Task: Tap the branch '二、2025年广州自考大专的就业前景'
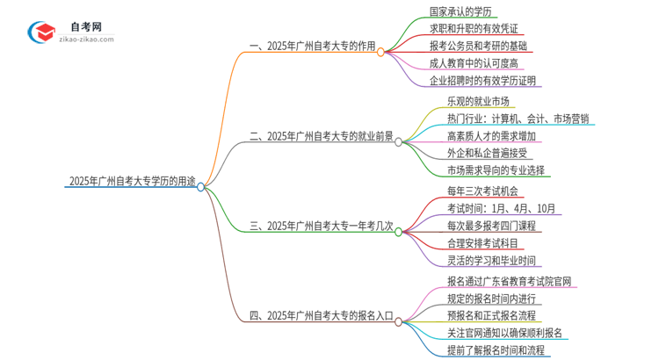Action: coord(322,136)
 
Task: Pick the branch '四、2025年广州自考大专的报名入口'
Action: coord(322,315)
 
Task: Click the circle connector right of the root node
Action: coord(201,186)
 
